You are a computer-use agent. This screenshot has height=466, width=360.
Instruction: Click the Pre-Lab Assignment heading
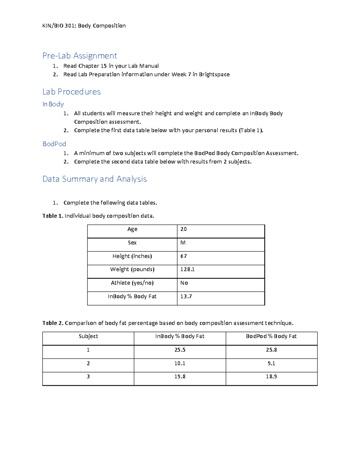79,56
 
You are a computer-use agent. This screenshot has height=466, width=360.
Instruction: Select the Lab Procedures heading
71,92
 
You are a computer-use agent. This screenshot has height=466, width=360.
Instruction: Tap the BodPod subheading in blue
54,144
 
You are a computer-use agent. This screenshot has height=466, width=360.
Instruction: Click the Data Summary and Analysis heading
94,179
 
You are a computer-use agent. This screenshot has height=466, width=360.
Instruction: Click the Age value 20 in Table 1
184,229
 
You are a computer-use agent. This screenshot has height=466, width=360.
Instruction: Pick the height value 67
184,256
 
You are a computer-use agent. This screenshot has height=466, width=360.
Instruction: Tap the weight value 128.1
187,269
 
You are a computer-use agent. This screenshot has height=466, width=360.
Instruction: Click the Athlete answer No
184,283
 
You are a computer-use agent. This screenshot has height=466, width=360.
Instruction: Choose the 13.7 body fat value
186,296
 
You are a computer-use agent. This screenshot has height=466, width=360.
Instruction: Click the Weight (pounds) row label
132,269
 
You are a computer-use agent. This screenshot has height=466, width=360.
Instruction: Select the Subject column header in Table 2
88,336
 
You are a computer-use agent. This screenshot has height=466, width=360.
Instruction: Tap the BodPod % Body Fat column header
271,336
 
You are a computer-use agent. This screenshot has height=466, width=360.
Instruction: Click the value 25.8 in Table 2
271,350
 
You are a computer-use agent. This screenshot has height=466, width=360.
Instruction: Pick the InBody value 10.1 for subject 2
180,363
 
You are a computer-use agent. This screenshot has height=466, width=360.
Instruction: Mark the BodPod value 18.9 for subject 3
271,377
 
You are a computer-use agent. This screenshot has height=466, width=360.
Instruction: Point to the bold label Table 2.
53,323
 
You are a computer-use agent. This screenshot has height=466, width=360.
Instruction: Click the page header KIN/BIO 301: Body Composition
84,26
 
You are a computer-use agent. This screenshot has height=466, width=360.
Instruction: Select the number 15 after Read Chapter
103,66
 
